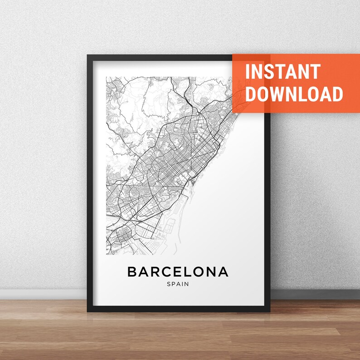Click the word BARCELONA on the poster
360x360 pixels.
[178, 272]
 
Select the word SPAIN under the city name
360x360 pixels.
[178, 285]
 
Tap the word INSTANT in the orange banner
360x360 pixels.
[283, 72]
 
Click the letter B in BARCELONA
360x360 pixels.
[132, 272]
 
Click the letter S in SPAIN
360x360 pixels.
[168, 285]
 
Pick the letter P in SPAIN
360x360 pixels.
[173, 285]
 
